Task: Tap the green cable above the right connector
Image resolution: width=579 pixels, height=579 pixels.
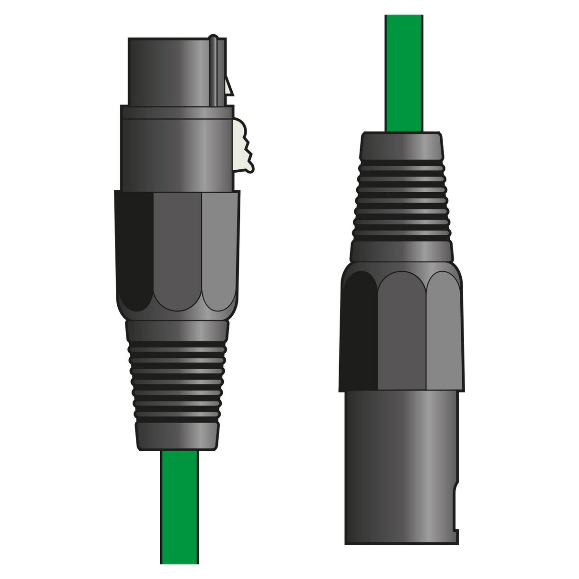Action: [x=404, y=72]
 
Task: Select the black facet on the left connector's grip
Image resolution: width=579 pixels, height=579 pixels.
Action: [x=134, y=248]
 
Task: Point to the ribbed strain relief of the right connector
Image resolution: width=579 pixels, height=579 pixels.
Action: [x=402, y=200]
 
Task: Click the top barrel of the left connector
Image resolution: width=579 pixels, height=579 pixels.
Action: [x=172, y=72]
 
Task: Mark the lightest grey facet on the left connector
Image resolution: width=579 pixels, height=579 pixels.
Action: [x=219, y=248]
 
